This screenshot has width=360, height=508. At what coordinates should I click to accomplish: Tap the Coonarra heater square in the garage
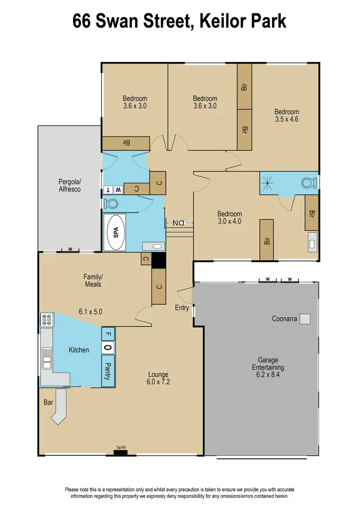[306, 319]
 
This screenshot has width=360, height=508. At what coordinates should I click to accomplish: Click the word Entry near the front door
[182, 308]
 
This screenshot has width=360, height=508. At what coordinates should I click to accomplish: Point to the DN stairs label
[179, 223]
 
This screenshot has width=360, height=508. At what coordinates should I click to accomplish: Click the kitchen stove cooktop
[47, 320]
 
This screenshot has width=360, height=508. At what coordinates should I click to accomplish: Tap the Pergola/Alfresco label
[70, 186]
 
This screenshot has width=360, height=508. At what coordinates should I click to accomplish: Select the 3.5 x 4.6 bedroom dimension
[287, 119]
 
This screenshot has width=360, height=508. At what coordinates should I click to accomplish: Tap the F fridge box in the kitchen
[108, 334]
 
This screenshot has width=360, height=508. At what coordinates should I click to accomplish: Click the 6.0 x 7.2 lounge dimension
[158, 382]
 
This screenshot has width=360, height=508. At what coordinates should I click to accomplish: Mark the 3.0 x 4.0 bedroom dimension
[229, 222]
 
